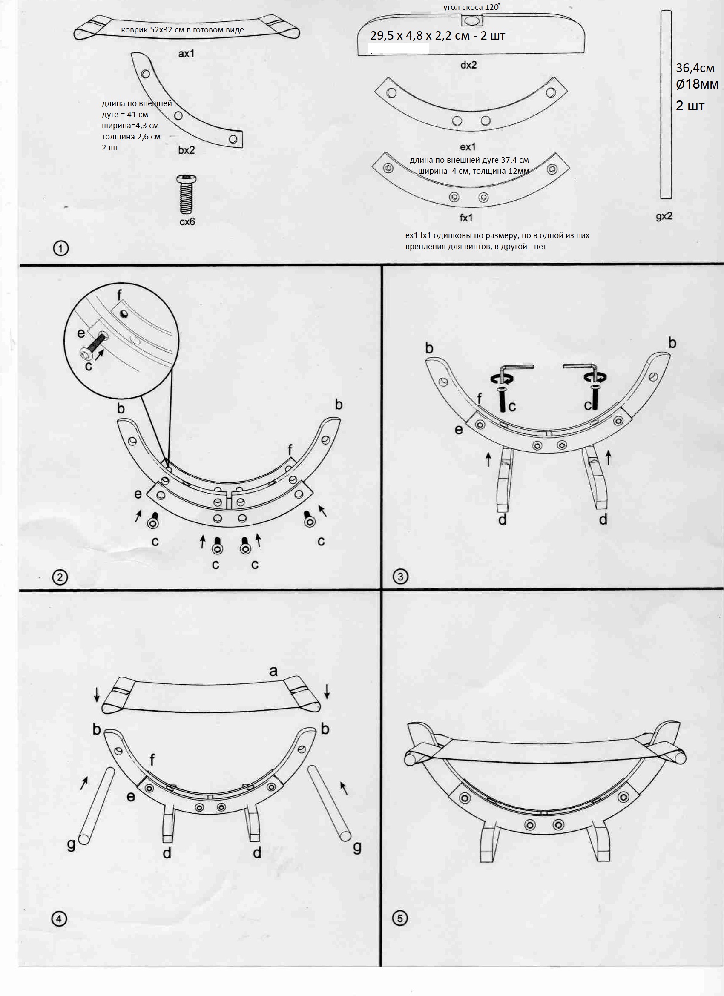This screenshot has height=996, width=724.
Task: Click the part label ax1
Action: [186, 54]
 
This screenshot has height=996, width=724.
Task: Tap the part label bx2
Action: [186, 150]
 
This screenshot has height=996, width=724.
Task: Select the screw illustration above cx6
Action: [186, 194]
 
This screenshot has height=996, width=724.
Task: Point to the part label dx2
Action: [468, 65]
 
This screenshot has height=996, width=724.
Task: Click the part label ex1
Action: [468, 146]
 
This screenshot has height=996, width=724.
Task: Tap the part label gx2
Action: [664, 216]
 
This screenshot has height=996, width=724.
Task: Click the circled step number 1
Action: [60, 249]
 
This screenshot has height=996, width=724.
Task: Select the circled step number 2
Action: [60, 577]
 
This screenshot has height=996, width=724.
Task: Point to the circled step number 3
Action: [400, 576]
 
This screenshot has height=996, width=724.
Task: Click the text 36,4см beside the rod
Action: [695, 68]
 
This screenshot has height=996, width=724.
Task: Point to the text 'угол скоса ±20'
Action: [471, 7]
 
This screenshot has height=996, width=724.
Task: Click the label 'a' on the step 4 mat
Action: [273, 671]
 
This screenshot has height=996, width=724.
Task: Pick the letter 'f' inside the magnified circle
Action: [120, 295]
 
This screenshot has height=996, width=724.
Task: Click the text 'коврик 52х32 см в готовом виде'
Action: [182, 30]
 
